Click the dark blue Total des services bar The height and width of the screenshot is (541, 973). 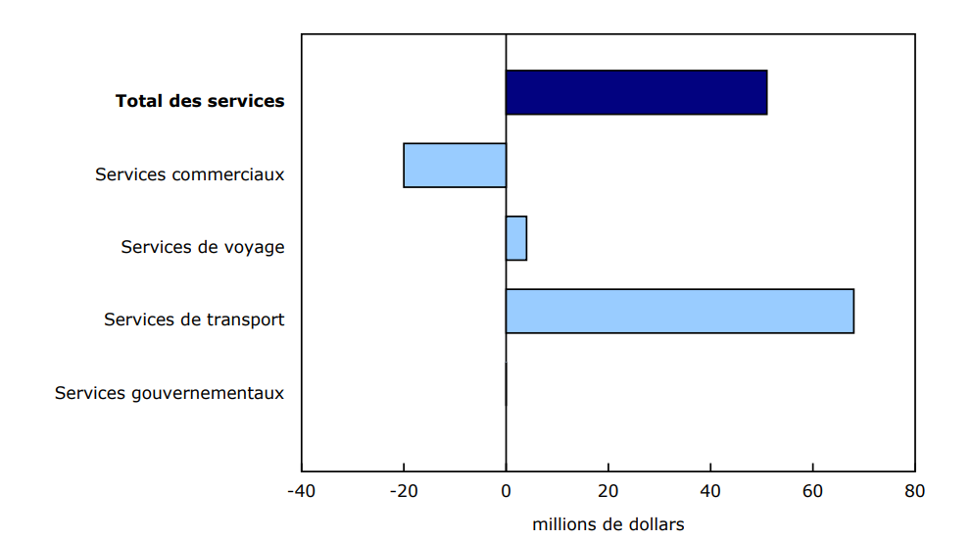636,92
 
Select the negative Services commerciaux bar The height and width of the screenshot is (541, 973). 455,166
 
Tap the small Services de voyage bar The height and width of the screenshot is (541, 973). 516,238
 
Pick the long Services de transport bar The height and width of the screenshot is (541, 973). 679,311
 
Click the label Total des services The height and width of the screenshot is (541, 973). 200,101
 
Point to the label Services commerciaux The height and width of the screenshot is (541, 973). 189,174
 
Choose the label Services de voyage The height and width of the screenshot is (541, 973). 203,247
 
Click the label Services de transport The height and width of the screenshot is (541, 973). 194,320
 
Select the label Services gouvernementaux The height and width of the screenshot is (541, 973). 170,393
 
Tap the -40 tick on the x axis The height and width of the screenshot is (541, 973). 301,490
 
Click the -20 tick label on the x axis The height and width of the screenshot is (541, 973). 403,490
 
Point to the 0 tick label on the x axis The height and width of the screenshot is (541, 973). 506,490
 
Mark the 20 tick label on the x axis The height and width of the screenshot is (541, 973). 608,490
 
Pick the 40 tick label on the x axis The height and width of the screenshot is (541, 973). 710,490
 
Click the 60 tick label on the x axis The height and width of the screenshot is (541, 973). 812,490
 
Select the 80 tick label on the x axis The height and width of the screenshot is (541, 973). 914,490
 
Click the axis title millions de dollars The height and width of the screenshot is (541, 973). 608,524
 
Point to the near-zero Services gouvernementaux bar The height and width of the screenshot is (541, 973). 507,384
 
